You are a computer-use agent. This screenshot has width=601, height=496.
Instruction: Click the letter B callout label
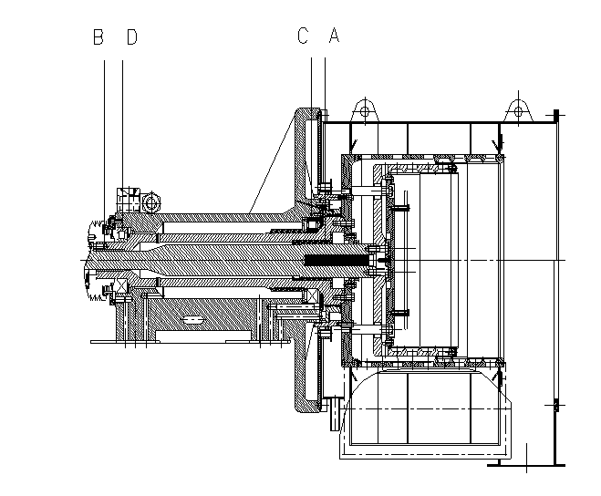(x=98, y=37)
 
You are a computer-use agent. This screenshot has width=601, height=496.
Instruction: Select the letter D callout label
(x=132, y=37)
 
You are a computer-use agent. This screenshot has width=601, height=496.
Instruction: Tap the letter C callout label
(x=303, y=36)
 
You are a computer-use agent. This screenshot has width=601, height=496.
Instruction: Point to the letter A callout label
(x=334, y=35)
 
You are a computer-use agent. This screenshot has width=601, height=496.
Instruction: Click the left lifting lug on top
(x=365, y=110)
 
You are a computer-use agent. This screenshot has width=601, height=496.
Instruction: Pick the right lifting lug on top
(x=519, y=110)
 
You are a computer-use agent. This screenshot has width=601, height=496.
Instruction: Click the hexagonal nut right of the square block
(x=151, y=202)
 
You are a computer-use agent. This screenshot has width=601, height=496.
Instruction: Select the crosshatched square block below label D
(x=129, y=200)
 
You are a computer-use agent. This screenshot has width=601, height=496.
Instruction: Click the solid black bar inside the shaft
(x=337, y=261)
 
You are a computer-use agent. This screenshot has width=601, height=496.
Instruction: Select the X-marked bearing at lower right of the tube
(x=310, y=296)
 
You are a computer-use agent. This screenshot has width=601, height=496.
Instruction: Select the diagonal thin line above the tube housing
(x=273, y=163)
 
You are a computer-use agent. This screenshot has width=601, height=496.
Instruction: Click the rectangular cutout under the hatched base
(x=203, y=336)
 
